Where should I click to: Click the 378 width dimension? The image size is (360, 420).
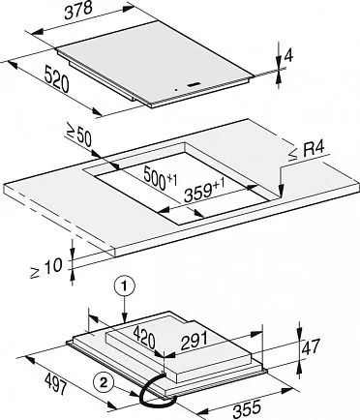(x=79, y=12)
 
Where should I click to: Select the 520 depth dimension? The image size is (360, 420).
(x=57, y=79)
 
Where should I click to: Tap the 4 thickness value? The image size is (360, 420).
(x=288, y=56)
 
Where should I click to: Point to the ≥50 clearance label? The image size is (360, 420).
(x=79, y=136)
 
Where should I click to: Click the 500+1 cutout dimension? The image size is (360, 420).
(x=161, y=177)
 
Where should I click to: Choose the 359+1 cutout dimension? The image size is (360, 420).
(x=204, y=191)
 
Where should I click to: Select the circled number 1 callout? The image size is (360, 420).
(x=124, y=286)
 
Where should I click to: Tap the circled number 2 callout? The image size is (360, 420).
(x=104, y=383)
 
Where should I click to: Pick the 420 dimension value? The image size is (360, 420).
(x=144, y=337)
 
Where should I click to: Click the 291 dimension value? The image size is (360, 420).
(x=194, y=342)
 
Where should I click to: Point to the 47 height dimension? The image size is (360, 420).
(x=311, y=346)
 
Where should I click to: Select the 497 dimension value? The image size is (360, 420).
(x=55, y=383)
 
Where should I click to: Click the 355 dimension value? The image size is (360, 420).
(x=247, y=408)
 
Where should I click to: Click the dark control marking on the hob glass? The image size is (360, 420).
(x=194, y=85)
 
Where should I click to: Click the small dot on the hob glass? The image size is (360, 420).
(x=176, y=90)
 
